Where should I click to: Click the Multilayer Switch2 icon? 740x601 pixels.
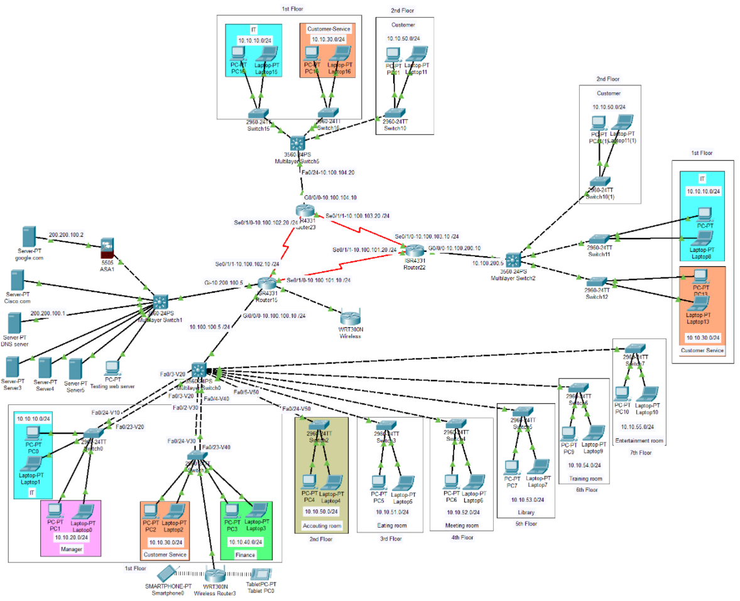pyautogui.click(x=513, y=259)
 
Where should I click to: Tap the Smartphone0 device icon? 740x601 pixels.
pyautogui.click(x=166, y=573)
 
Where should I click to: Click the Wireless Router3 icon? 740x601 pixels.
pyautogui.click(x=215, y=574)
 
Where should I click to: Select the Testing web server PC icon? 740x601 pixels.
pyautogui.click(x=112, y=367)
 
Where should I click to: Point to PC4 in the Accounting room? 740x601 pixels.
pyautogui.click(x=308, y=482)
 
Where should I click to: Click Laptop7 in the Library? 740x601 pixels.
pyautogui.click(x=537, y=467)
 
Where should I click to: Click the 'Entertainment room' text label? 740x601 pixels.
pyautogui.click(x=639, y=441)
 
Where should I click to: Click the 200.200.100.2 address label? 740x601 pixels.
pyautogui.click(x=66, y=234)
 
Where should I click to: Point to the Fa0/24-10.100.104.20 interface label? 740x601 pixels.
pyautogui.click(x=328, y=172)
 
